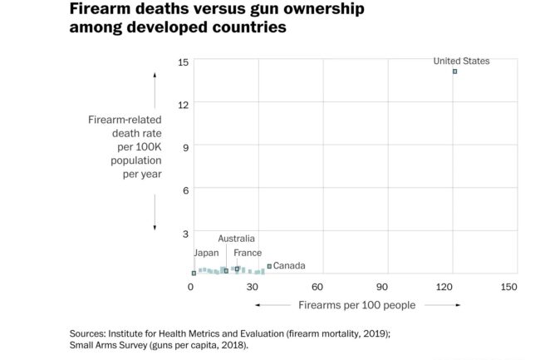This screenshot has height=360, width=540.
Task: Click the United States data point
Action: click(454, 72)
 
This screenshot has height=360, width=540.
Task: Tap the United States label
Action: click(461, 61)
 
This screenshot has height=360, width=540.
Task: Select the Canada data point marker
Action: click(269, 266)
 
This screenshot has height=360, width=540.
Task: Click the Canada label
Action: click(289, 266)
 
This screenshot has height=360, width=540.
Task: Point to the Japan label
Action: click(206, 253)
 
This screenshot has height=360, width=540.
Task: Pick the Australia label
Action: click(236, 239)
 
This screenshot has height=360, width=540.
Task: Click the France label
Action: click(248, 253)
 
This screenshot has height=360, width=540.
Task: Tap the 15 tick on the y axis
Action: click(184, 62)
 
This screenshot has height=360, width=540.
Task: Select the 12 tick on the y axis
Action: click(184, 104)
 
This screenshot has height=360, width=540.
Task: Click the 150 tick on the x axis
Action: click(509, 287)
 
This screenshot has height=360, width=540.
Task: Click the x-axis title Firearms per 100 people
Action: click(356, 305)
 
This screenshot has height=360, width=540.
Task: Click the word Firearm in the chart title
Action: click(100, 10)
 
